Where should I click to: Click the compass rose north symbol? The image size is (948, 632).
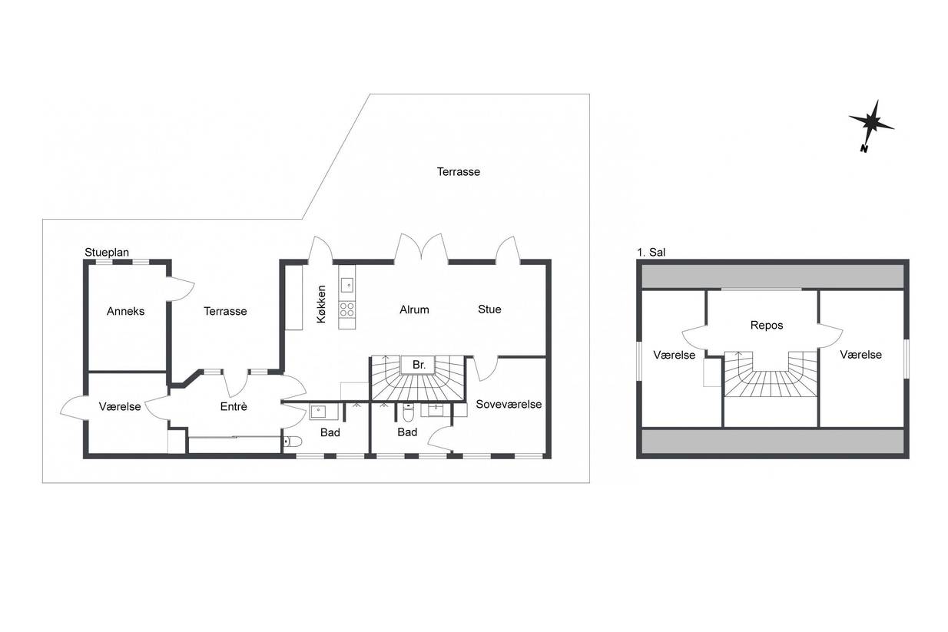(x=871, y=124)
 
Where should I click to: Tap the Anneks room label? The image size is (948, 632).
(x=125, y=311)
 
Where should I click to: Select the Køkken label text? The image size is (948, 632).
(x=322, y=304)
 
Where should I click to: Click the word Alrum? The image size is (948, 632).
(x=414, y=309)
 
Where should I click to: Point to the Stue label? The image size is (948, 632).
(x=489, y=309)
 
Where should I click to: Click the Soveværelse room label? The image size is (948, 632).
(x=509, y=404)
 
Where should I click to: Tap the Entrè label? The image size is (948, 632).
(x=234, y=406)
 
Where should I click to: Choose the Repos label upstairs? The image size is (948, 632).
(x=767, y=326)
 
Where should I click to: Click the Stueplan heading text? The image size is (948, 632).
(x=107, y=253)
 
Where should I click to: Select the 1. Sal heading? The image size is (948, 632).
(x=651, y=253)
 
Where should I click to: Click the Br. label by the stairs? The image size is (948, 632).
(x=419, y=365)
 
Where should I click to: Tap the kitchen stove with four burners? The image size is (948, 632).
(x=347, y=309)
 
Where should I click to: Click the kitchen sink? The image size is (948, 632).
(x=347, y=285)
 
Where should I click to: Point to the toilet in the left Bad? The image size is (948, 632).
(x=293, y=442)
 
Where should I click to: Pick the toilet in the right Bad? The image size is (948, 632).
(x=408, y=413)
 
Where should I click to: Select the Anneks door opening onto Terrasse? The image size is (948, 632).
(x=181, y=289)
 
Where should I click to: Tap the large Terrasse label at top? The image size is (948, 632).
(x=459, y=172)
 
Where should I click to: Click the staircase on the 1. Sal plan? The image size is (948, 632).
(x=771, y=374)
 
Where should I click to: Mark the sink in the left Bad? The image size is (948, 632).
(x=318, y=411)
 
